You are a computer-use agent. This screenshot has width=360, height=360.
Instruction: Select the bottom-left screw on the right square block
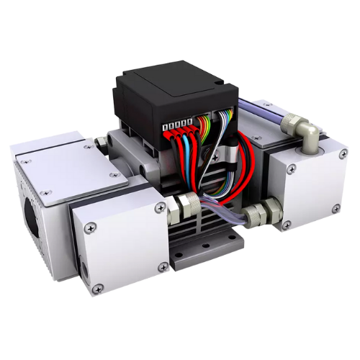tap(287, 225)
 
